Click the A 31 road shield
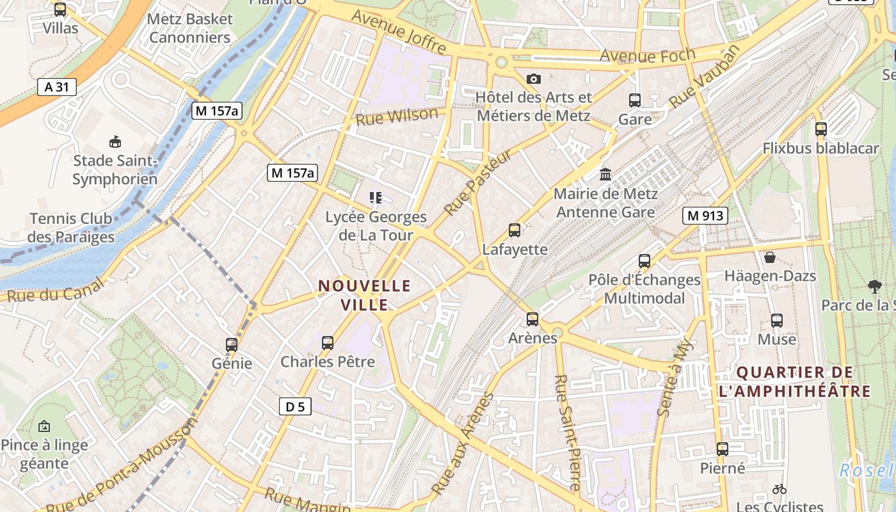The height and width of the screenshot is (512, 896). point(57,86)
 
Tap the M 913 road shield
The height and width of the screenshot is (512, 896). point(705,216)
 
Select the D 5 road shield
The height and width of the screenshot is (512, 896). point(295,406)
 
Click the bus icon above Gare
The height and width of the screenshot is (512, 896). point(635,100)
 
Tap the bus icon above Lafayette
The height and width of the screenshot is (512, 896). point(514,230)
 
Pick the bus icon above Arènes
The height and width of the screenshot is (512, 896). point(532,319)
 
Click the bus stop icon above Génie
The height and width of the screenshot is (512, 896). point(232,344)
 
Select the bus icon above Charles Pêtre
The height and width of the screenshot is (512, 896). point(328,342)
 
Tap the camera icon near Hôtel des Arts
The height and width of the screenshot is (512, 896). point(534,79)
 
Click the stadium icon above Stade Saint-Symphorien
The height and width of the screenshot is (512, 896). point(115,141)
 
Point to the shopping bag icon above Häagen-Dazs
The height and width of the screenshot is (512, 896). point(770,257)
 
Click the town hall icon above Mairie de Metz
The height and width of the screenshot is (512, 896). point(605,174)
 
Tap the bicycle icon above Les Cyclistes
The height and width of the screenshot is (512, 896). point(779,489)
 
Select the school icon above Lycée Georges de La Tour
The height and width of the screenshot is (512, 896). point(376,198)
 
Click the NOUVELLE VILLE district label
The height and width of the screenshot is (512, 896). point(365,294)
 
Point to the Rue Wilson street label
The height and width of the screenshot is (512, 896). point(397,116)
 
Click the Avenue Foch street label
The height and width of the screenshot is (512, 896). point(647,56)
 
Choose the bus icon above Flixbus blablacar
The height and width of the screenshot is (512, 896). point(821,129)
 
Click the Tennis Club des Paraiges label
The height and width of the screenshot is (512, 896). point(71,228)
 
